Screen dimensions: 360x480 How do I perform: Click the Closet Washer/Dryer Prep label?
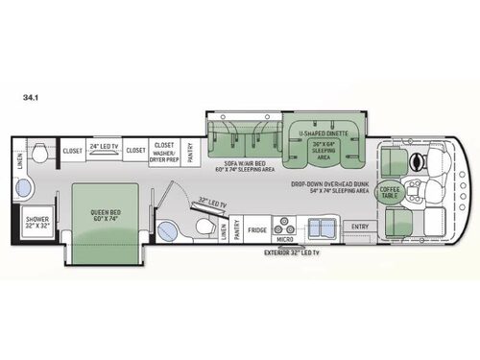point(164,152)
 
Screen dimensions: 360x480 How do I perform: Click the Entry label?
point(360,228)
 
